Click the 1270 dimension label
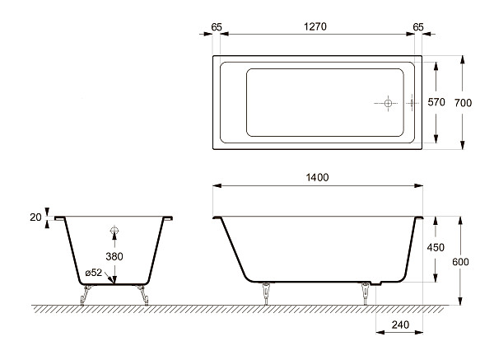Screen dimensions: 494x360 (x=315, y=26)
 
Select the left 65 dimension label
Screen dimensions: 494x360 (x=217, y=27)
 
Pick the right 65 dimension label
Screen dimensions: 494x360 (x=418, y=27)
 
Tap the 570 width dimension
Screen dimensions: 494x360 (x=436, y=102)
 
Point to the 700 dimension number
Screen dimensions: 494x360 (x=463, y=102)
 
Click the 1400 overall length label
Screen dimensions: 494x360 (x=317, y=177)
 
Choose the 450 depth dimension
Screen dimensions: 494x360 (x=436, y=247)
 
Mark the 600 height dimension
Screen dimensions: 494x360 (x=460, y=262)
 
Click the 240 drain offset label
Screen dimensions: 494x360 (x=400, y=325)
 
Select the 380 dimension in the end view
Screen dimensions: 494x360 (x=114, y=256)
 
